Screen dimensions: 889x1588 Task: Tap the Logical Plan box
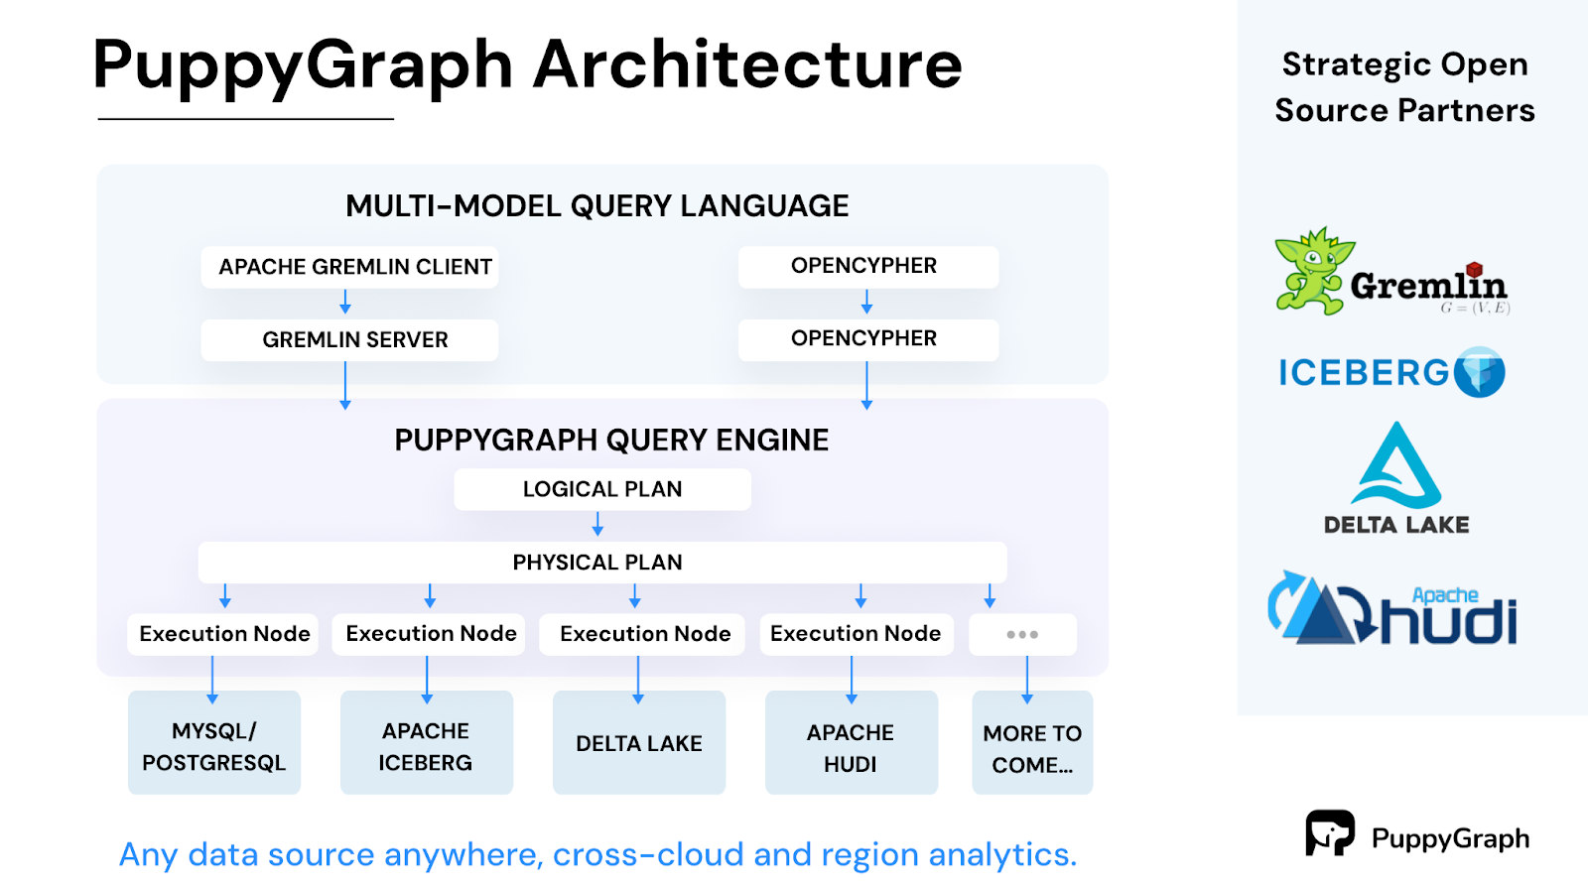pos(601,489)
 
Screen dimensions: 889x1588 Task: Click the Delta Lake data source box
pos(638,743)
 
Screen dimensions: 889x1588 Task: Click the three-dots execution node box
pos(1022,635)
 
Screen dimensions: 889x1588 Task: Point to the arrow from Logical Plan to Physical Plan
pos(597,525)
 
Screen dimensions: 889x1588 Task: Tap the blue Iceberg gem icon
pos(1480,373)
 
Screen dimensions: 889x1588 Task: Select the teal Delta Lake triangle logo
pos(1395,465)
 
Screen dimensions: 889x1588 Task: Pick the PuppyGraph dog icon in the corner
pos(1329,832)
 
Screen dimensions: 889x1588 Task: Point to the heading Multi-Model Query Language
pos(596,206)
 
